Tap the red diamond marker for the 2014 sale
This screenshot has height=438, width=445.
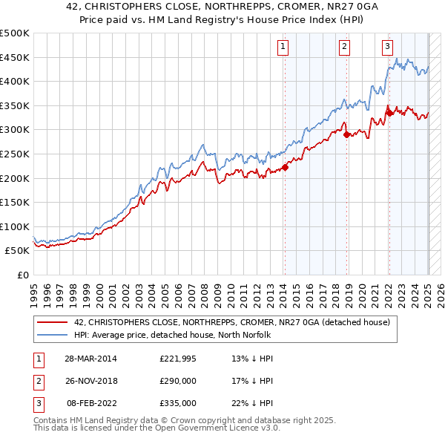click(x=285, y=167)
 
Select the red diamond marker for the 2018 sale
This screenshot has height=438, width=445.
click(x=346, y=134)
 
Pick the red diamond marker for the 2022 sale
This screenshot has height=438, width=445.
click(x=389, y=113)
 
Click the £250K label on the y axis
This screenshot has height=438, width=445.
click(x=15, y=154)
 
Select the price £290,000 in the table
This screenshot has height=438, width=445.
click(x=178, y=381)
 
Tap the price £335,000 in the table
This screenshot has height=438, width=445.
click(x=178, y=403)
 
